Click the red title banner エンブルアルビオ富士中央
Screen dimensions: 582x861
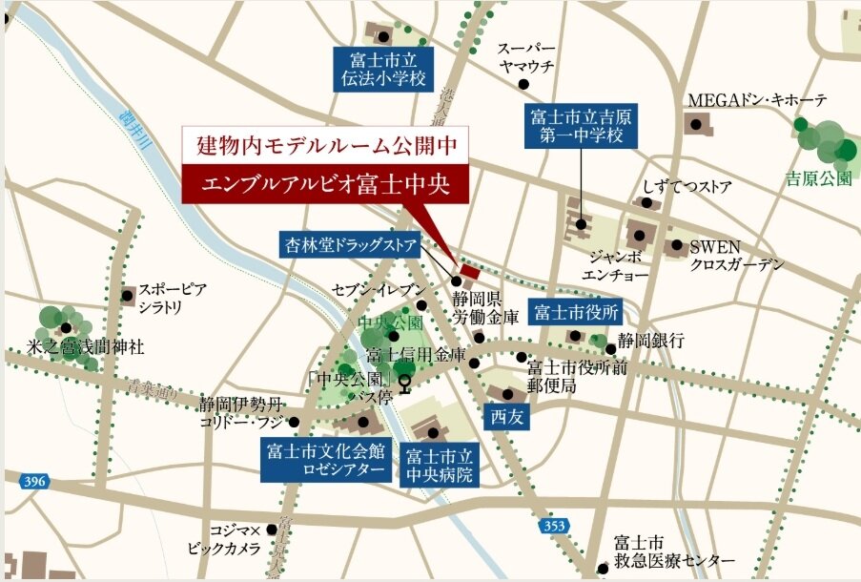coord(325,182)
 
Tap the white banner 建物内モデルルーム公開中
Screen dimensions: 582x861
coord(325,146)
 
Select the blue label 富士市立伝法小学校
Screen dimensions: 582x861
coord(379,70)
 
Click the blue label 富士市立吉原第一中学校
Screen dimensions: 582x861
coord(582,126)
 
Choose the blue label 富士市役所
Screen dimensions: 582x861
coord(577,312)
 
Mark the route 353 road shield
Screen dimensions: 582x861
coord(557,526)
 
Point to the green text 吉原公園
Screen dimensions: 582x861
coord(818,178)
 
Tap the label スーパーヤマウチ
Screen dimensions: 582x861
coord(527,57)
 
